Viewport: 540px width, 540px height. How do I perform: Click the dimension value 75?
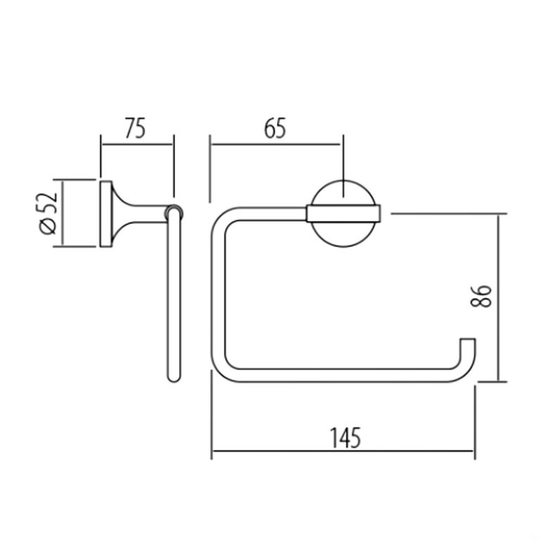135,130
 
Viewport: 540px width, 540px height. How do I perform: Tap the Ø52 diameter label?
47,214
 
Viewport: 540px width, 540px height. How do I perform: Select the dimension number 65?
274,130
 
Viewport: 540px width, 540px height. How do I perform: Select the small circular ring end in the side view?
172,212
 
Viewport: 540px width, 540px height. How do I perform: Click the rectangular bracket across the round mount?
344,213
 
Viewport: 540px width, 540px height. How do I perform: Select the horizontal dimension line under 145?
345,451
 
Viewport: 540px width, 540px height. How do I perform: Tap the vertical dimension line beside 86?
499,297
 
